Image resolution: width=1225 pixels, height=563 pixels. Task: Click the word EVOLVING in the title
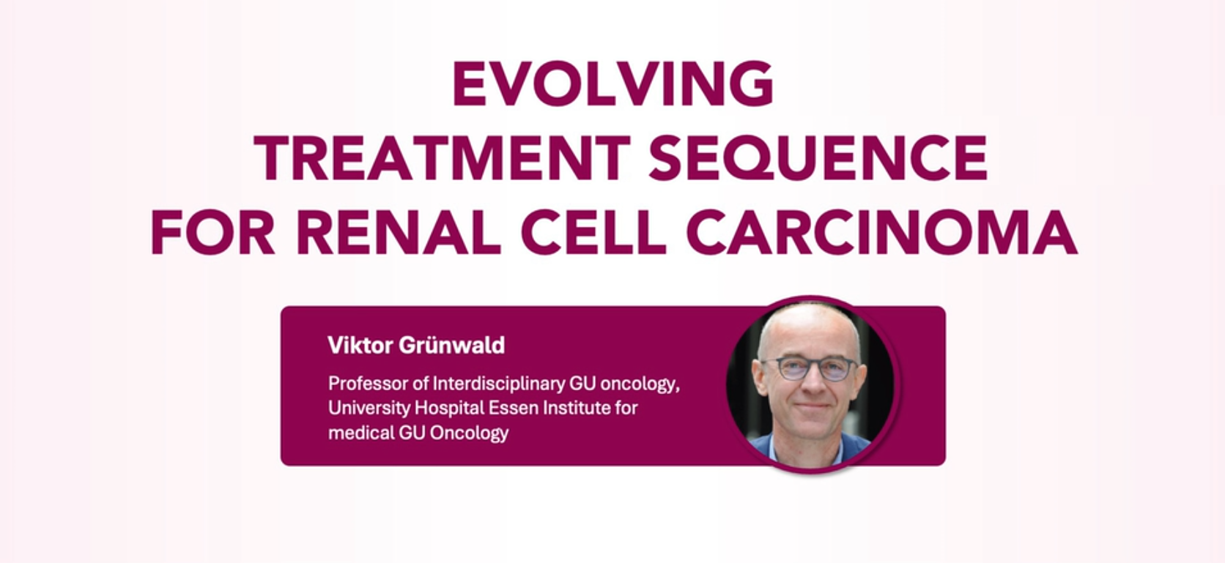(613, 83)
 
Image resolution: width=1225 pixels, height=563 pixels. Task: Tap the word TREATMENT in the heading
(442, 157)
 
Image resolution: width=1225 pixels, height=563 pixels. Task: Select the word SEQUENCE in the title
(818, 157)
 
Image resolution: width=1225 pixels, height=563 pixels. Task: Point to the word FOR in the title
(212, 232)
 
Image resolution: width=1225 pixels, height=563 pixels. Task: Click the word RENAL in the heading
(398, 232)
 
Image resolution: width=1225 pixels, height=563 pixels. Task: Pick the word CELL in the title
(594, 232)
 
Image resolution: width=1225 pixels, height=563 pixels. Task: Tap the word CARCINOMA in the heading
(882, 232)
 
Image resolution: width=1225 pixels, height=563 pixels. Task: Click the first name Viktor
(360, 346)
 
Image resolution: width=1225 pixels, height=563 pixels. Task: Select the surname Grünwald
(452, 346)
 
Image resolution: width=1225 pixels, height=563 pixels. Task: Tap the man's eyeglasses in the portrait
(810, 368)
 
